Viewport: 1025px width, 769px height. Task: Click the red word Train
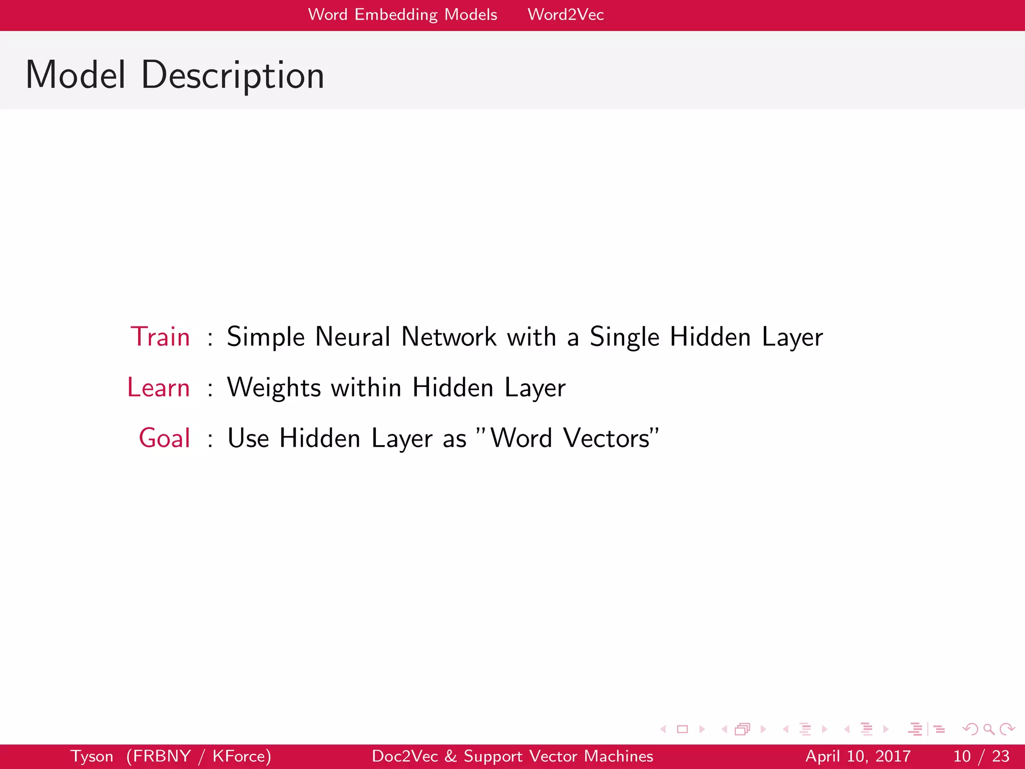click(x=160, y=336)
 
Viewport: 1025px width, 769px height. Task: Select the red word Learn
click(x=158, y=388)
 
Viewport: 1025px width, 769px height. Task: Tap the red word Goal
click(x=164, y=438)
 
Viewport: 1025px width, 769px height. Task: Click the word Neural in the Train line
click(x=352, y=336)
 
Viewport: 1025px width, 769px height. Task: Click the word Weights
click(x=274, y=388)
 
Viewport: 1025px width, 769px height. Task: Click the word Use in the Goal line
click(x=248, y=438)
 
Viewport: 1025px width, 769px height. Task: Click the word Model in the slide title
click(x=76, y=75)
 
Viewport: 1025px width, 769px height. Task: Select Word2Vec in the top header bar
click(x=566, y=15)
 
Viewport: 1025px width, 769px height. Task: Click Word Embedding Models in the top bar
click(x=402, y=15)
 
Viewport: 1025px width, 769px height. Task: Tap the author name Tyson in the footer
click(x=92, y=756)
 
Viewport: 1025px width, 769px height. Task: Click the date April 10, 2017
click(x=857, y=756)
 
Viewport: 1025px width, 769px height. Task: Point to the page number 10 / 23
click(x=981, y=756)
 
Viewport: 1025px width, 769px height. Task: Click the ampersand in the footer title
click(x=450, y=756)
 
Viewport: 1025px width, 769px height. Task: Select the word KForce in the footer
click(x=241, y=756)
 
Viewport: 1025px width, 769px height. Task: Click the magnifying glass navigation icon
click(x=988, y=729)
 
